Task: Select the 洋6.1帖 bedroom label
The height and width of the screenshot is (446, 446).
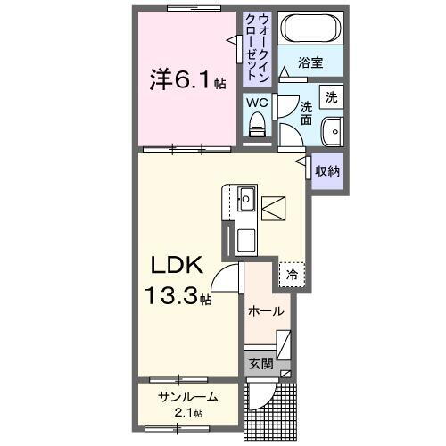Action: coord(186,81)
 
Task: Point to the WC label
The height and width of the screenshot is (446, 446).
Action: coord(258,103)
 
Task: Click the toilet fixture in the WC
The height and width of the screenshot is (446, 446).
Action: coord(259,126)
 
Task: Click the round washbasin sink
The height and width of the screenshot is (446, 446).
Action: coord(331,128)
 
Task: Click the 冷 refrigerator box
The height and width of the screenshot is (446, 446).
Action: coord(292,276)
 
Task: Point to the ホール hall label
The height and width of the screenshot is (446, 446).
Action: coord(266,311)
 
